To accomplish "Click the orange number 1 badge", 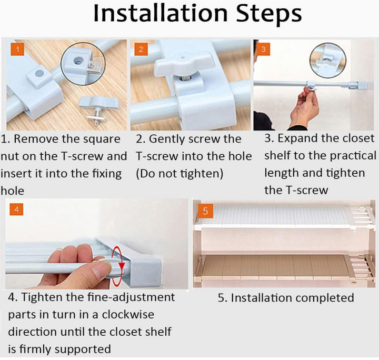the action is tap(17, 49).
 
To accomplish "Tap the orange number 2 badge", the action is tap(141, 49).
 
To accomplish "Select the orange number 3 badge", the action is tap(264, 49).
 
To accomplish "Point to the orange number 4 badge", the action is tap(16, 209).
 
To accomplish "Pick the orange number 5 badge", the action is tap(205, 211).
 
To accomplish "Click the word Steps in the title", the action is tap(268, 14).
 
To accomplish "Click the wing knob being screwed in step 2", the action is tap(184, 64).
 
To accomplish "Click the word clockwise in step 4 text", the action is tap(128, 315).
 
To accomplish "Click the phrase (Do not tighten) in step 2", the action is tap(179, 174).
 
